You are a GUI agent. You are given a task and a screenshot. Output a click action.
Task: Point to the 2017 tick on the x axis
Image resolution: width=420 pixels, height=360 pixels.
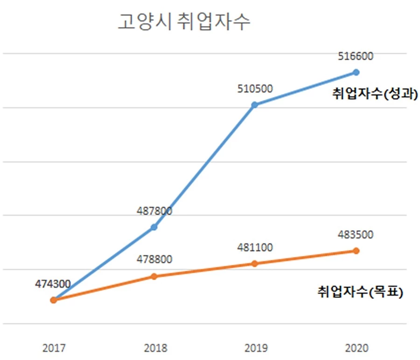coord(54,348)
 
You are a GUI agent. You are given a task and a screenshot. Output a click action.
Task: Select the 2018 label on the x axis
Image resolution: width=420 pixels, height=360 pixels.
coord(155,348)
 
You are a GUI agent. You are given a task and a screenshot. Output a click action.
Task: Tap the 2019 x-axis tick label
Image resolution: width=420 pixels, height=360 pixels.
coord(255,348)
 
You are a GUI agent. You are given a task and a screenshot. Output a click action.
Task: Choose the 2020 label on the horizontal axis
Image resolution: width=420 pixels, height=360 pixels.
coord(357,348)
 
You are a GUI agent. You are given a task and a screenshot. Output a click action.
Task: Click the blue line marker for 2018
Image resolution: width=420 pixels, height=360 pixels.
coord(154,227)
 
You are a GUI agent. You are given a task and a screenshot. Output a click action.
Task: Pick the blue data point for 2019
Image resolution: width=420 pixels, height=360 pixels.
coord(255,105)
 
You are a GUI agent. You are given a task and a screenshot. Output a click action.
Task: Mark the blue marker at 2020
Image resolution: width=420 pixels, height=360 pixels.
coord(356,72)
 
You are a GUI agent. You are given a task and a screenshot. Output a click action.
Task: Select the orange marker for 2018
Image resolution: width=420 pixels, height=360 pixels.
coord(154,276)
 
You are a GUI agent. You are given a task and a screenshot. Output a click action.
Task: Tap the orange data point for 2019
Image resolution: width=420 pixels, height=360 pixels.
coord(255,263)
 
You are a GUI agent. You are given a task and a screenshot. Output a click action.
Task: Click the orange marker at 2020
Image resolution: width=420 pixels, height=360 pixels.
coord(356,251)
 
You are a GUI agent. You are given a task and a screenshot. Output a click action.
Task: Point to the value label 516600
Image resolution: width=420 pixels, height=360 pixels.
coord(356,56)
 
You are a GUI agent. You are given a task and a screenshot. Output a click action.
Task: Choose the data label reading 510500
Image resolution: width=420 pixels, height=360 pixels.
coord(255,89)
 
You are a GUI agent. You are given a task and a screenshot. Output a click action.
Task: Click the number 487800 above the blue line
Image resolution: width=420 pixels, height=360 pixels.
coord(154,212)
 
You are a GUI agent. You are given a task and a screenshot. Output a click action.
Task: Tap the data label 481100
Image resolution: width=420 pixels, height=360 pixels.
coord(255,247)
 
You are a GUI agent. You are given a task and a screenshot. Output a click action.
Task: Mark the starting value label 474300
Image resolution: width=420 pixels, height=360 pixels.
coord(53,284)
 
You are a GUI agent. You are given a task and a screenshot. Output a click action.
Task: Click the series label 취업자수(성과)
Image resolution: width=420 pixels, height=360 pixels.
coord(374,93)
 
